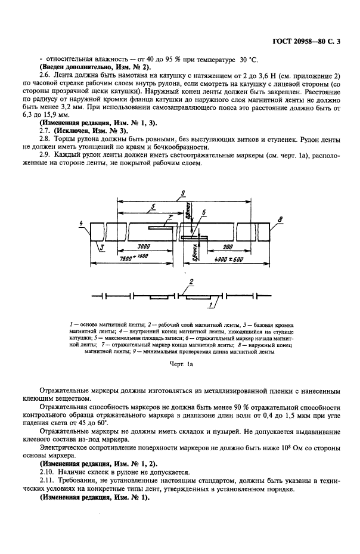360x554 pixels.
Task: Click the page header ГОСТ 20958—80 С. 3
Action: tap(311, 41)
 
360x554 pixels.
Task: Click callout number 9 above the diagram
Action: tap(183, 192)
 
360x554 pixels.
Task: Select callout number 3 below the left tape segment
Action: tap(102, 246)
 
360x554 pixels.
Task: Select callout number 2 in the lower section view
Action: tap(190, 281)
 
